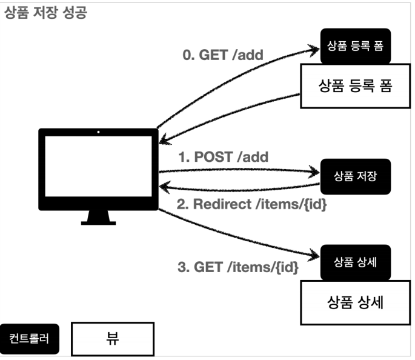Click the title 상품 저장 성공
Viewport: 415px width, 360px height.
coord(45,13)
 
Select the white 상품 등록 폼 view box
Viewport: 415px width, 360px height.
coord(355,86)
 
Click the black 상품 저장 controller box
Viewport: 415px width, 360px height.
coord(355,176)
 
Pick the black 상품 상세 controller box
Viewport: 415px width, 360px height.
coord(355,262)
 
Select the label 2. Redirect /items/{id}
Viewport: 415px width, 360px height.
coord(251,204)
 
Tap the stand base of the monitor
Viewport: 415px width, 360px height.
coord(98,222)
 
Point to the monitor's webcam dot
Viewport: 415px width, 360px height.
coord(98,132)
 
